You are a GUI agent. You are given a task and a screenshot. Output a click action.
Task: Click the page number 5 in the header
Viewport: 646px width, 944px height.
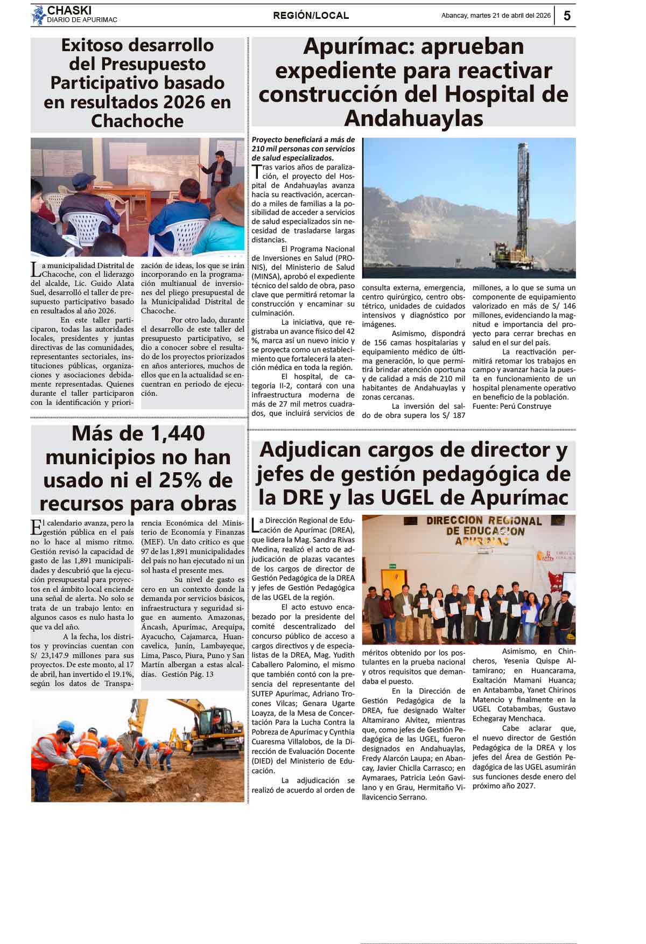(x=567, y=16)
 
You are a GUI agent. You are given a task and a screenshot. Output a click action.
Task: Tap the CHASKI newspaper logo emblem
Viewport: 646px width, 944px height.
(x=38, y=15)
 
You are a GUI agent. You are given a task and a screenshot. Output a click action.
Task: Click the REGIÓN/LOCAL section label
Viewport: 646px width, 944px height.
(x=311, y=16)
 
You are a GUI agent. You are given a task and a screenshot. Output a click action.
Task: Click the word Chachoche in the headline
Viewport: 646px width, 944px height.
(x=137, y=121)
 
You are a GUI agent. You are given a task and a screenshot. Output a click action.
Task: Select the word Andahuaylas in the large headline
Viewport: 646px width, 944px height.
(x=413, y=118)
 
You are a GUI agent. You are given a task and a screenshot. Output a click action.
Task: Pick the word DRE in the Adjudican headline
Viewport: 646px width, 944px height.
(x=304, y=497)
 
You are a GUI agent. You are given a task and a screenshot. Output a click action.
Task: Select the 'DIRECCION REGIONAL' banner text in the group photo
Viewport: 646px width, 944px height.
(x=484, y=521)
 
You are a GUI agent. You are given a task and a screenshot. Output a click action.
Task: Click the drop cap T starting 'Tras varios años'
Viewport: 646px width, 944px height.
(x=256, y=171)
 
